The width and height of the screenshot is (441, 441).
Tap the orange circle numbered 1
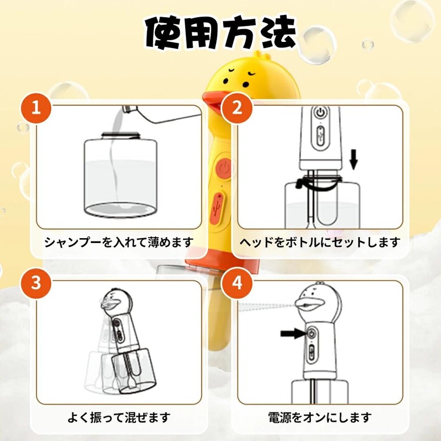(36, 107)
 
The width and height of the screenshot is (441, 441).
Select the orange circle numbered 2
(238, 107)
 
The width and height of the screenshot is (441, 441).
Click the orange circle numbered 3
(36, 283)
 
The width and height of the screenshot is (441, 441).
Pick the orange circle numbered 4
(238, 283)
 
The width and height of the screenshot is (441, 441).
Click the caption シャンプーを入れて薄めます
(119, 242)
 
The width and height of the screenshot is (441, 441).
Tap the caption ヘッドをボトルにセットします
(320, 242)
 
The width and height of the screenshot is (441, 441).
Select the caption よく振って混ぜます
(119, 417)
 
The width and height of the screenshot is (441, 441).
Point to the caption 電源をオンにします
(320, 417)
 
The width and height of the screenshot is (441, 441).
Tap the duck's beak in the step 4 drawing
(306, 302)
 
